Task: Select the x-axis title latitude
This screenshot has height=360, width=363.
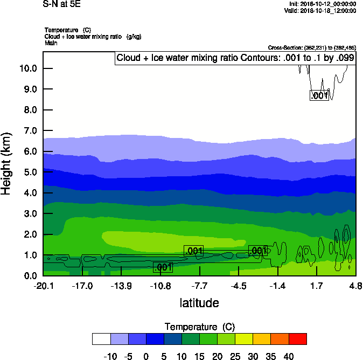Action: [x=199, y=303]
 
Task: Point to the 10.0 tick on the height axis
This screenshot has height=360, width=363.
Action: [x=27, y=68]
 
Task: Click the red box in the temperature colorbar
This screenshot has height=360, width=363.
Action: [x=298, y=338]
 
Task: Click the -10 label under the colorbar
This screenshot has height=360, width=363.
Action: [x=109, y=356]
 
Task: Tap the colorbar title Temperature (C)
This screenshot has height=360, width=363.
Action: [x=199, y=327]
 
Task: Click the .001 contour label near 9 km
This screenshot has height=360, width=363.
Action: [x=319, y=95]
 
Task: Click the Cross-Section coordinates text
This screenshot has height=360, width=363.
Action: [x=312, y=47]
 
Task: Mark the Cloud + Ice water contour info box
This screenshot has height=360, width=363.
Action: [x=235, y=58]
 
